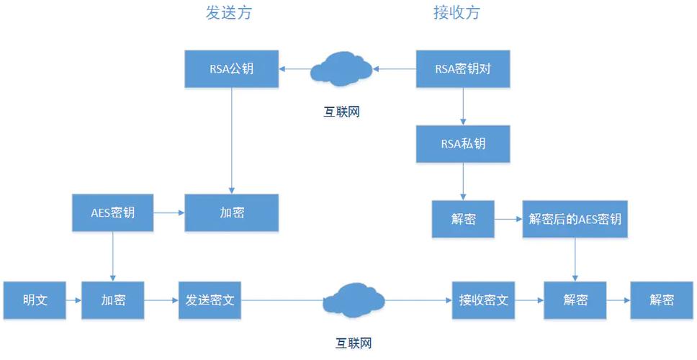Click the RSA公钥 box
click(x=231, y=69)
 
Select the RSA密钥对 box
click(x=462, y=69)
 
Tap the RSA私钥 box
click(x=462, y=143)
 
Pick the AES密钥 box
click(x=113, y=212)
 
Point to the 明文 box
click(x=35, y=300)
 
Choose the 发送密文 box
click(x=210, y=300)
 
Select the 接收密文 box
click(x=483, y=300)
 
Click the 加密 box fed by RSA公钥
click(x=231, y=212)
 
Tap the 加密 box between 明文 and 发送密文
click(x=113, y=300)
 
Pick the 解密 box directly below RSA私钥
click(x=462, y=219)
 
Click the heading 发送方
click(x=228, y=13)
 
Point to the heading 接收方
click(x=457, y=13)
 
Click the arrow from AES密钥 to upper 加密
click(x=169, y=212)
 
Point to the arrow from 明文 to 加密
click(x=73, y=300)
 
